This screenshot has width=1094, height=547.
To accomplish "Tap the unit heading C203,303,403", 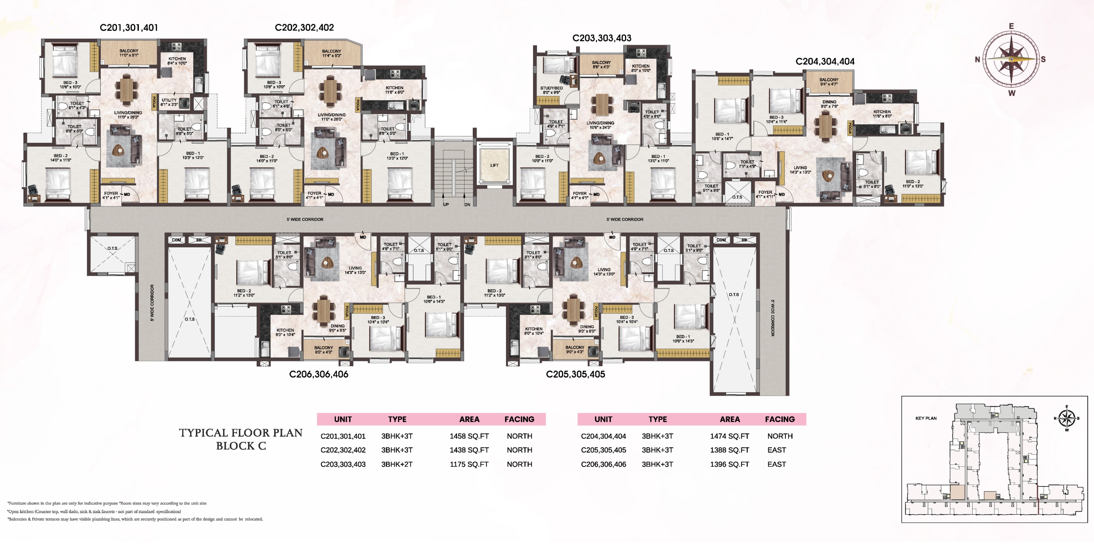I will pos(602,38).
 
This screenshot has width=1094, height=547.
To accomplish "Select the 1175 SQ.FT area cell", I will pos(469,464).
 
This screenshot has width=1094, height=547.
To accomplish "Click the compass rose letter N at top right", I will pos(977,60).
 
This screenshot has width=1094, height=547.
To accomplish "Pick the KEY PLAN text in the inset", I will pos(926,418).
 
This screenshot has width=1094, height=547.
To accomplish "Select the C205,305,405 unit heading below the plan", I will pos(575,374).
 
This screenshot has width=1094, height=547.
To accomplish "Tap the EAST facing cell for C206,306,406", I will pos(776,464).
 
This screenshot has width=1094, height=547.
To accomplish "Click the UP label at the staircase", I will pos(446,205).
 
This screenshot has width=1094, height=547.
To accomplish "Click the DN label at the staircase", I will pos(467,205).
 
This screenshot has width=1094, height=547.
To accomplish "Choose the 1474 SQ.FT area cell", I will pos(729,436).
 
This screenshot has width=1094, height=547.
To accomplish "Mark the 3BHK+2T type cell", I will pos(397,464).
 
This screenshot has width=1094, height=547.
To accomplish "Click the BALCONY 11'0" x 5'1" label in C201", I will pos(129,53).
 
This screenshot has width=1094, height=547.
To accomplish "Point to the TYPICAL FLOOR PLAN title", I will pos(240,433).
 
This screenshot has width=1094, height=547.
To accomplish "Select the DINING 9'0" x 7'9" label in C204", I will pos(829,104).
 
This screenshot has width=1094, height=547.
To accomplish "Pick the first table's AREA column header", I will pos(469,419).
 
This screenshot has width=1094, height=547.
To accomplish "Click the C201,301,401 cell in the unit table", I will pos(343,436).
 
